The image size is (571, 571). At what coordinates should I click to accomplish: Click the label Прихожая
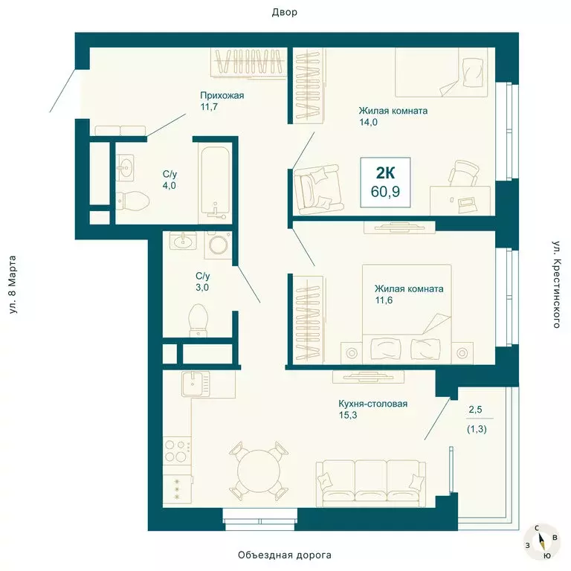click(x=222, y=95)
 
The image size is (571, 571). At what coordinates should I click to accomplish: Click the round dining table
click(x=257, y=471)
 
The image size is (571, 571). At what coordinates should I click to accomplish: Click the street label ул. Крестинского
click(x=555, y=284)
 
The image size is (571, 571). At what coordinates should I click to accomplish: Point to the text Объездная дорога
click(x=285, y=555)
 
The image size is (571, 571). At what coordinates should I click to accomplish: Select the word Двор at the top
click(x=285, y=13)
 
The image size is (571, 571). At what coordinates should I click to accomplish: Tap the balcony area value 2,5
click(x=475, y=408)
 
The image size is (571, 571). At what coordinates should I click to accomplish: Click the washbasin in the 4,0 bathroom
click(x=124, y=168)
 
